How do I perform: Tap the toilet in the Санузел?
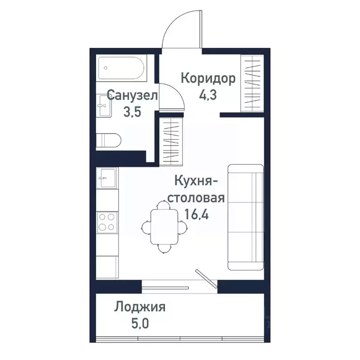coord(109,140)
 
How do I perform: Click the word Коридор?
coord(208,78)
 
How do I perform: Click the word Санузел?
coord(132,95)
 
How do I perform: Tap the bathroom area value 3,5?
coord(132,112)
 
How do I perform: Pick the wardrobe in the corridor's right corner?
coord(252,83)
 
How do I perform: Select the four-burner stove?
coord(106,222)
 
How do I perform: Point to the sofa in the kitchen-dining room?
coord(245,217)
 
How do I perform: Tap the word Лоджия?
coord(140,307)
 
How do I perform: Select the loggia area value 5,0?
coord(139,324)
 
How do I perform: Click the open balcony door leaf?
coord(206,278)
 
